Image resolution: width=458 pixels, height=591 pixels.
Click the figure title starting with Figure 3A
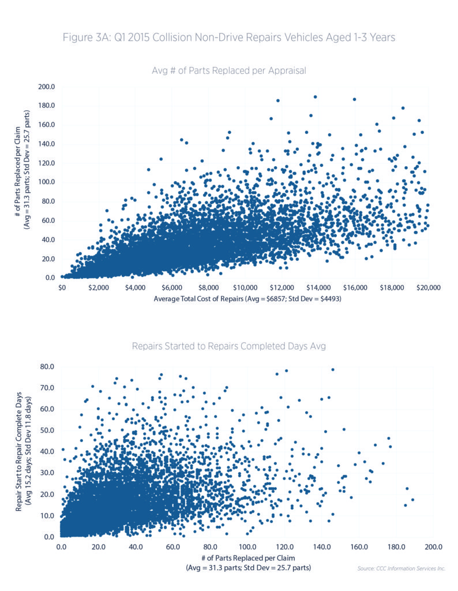[229, 38]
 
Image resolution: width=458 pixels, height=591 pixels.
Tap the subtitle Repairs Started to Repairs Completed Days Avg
[229, 347]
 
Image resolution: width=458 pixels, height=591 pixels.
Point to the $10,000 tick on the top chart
[245, 287]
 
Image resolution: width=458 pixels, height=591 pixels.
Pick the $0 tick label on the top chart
[62, 287]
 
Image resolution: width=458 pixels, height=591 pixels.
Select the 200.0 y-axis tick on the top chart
[47, 87]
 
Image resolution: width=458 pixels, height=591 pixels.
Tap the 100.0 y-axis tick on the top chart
[47, 182]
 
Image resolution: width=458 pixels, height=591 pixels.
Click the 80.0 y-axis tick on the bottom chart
[47, 366]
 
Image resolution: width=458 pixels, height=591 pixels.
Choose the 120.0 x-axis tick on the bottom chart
[284, 546]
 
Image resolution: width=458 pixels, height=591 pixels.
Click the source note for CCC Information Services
[401, 568]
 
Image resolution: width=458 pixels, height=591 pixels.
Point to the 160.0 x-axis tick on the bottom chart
[359, 546]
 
